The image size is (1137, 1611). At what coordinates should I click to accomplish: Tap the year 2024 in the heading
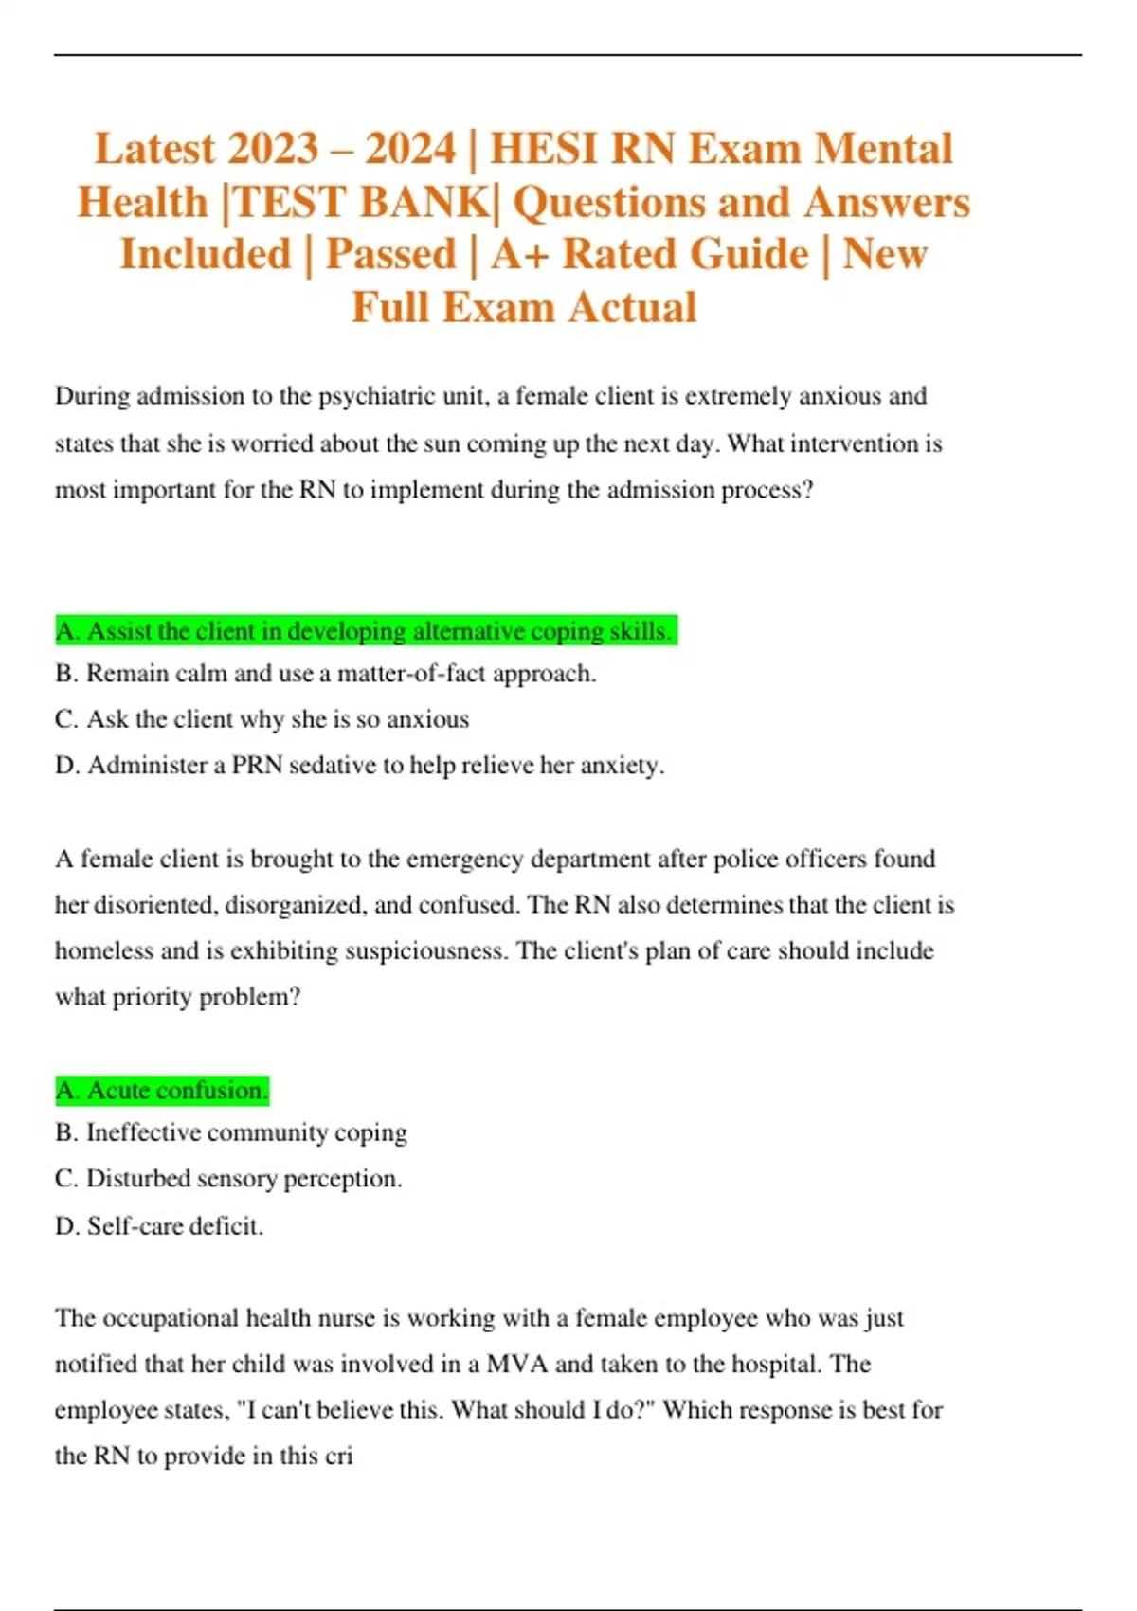(x=411, y=149)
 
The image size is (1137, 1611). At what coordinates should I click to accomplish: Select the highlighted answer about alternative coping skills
(x=365, y=631)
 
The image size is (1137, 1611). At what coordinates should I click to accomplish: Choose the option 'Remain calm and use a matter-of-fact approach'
(x=326, y=674)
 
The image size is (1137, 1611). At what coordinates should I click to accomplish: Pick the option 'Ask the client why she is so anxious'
(x=262, y=719)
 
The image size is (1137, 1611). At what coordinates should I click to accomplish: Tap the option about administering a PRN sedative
(x=360, y=765)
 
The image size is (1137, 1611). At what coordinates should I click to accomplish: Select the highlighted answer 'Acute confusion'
(x=162, y=1091)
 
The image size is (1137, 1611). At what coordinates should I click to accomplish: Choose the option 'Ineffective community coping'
(x=231, y=1132)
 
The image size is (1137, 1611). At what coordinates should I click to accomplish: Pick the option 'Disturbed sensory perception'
(x=228, y=1179)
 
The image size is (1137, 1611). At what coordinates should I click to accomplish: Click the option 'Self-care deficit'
(x=159, y=1226)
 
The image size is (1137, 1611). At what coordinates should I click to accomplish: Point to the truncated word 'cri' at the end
(x=338, y=1456)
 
